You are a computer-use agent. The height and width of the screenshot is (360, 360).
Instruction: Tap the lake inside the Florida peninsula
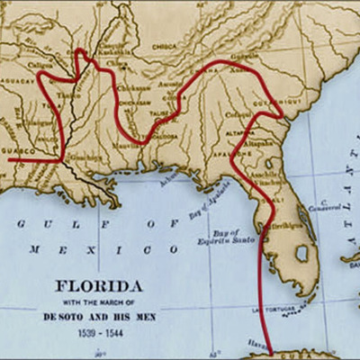(x=302, y=255)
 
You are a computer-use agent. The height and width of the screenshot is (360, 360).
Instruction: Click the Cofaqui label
(x=238, y=114)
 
